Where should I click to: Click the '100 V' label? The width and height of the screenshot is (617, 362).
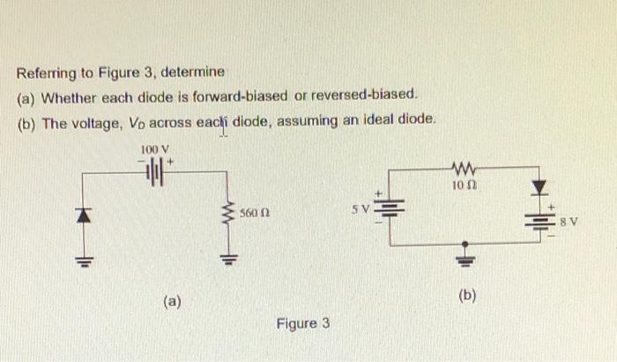coord(155,149)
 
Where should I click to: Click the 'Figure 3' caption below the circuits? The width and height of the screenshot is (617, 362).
coord(302,323)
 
